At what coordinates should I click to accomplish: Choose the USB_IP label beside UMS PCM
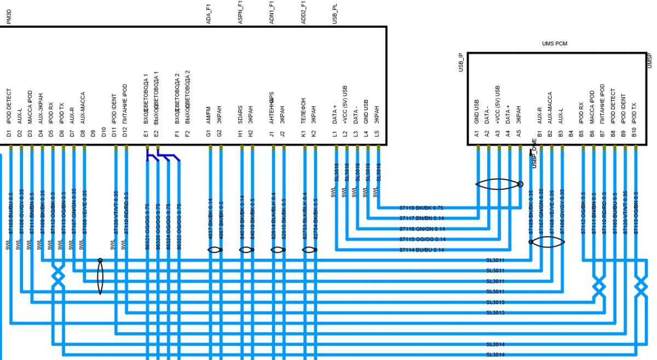pyautogui.click(x=460, y=63)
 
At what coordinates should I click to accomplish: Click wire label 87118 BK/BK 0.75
pyautogui.click(x=422, y=208)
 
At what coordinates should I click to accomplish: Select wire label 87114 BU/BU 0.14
pyautogui.click(x=422, y=250)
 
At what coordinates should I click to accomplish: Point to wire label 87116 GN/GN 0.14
pyautogui.click(x=422, y=229)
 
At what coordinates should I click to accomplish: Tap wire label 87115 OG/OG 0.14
pyautogui.click(x=422, y=240)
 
